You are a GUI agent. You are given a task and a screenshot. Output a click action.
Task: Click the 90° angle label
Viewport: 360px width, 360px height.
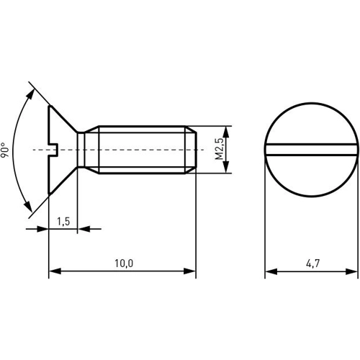5,150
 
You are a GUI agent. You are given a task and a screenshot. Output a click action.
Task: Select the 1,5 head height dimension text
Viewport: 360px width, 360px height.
63,221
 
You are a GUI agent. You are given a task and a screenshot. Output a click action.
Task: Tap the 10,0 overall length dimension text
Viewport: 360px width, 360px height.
124,264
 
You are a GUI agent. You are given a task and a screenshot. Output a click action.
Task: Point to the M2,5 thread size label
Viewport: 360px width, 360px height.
220,149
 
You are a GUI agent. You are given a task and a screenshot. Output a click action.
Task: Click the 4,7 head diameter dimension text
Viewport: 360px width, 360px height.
313,264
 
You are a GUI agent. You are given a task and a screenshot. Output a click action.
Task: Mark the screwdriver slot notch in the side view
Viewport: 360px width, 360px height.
53,150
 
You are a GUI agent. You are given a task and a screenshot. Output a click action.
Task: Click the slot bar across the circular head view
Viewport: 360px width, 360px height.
311,150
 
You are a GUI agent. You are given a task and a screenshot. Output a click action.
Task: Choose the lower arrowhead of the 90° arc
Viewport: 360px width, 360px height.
28,207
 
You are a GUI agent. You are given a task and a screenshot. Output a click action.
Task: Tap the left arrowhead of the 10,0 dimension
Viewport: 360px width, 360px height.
55,271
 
